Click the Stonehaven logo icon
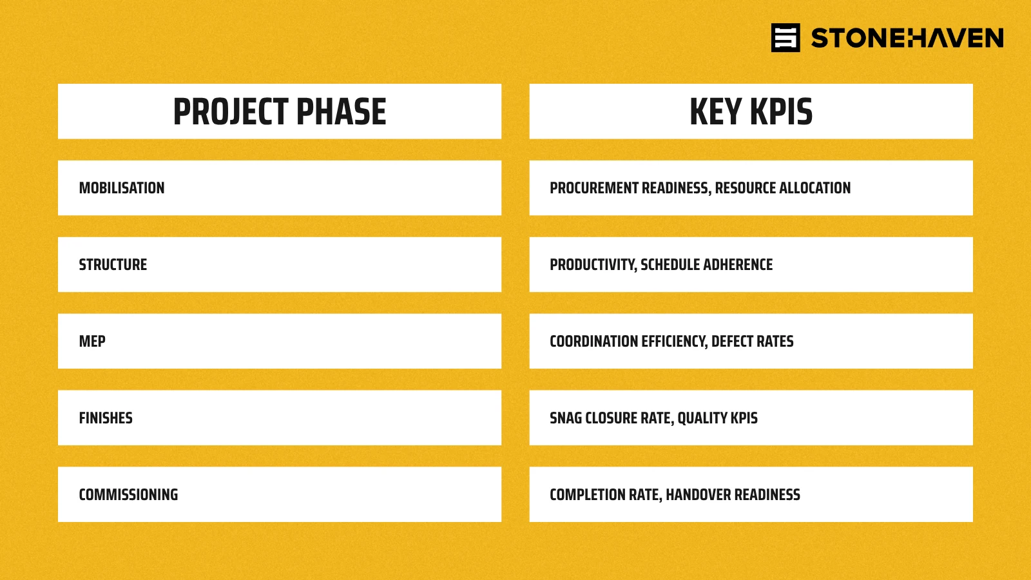pos(785,38)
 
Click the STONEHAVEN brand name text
pos(907,38)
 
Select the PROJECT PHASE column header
pos(280,111)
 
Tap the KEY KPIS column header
pos(751,111)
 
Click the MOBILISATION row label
pos(122,188)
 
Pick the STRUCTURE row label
pos(113,265)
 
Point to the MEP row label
pos(92,341)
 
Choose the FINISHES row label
pos(106,418)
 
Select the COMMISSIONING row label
pos(128,494)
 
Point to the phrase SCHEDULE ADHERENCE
pos(706,265)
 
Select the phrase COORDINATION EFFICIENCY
pos(627,341)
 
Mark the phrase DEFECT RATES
pos(752,341)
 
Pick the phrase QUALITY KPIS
pos(717,418)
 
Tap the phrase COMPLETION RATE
pos(605,494)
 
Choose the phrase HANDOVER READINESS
pos(733,494)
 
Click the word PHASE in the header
pos(341,111)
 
